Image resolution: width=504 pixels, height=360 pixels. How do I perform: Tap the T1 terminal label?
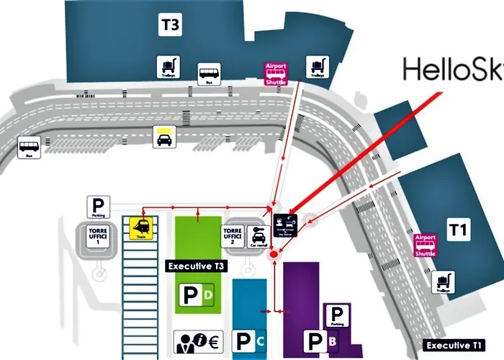tap(458, 230)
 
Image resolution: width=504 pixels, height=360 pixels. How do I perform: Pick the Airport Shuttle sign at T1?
tap(426, 246)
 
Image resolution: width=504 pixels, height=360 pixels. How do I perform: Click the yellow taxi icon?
tap(163, 137)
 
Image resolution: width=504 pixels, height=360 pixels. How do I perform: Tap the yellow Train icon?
tap(139, 229)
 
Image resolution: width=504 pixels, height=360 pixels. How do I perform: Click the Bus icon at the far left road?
tap(29, 148)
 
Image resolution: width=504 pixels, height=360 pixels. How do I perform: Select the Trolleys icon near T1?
tap(442, 282)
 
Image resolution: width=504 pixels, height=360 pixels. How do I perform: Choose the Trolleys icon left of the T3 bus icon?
tap(168, 68)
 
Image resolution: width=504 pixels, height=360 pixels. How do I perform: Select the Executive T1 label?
tap(454, 345)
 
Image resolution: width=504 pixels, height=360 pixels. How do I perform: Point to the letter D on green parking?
tap(207, 295)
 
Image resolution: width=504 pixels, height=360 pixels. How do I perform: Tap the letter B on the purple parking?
tap(332, 341)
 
